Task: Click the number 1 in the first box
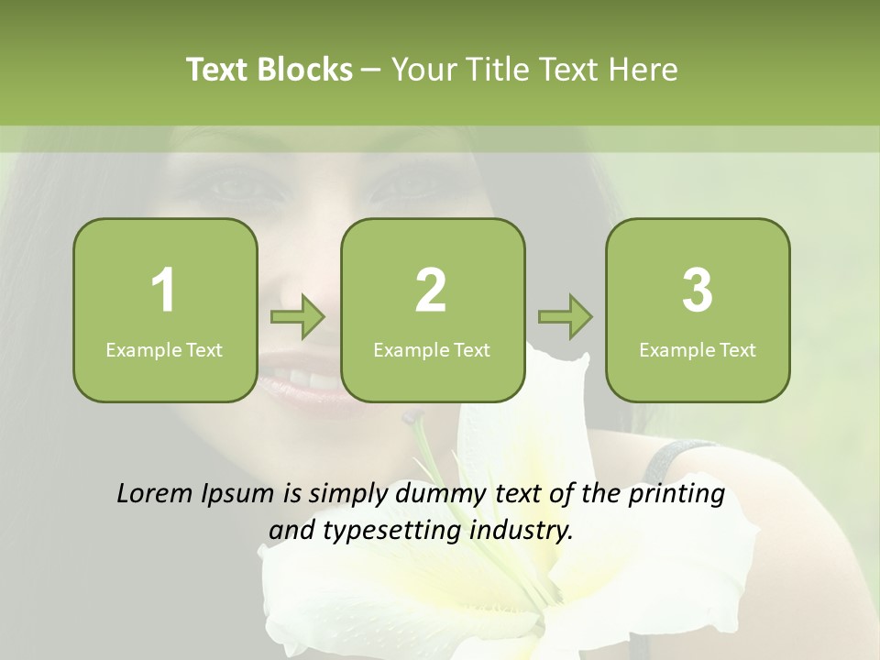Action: point(163,291)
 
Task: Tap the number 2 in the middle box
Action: point(431,291)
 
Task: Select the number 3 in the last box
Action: point(698,291)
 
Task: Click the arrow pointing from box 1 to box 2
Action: point(298,317)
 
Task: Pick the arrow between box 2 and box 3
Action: point(565,317)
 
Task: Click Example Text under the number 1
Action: point(164,349)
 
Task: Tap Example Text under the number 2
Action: point(432,349)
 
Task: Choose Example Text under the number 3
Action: point(698,349)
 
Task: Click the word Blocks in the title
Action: point(305,70)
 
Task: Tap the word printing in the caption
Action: point(676,494)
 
